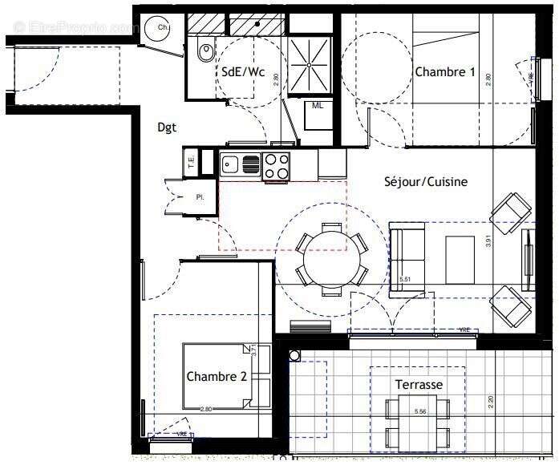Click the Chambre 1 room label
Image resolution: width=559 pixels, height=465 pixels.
coord(445,72)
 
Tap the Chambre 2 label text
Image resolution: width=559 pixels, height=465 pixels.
coord(217,376)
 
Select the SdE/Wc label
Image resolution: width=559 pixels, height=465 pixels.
coord(243,71)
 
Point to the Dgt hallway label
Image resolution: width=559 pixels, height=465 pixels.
coord(167,127)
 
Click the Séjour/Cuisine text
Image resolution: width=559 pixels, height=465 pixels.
coord(425,182)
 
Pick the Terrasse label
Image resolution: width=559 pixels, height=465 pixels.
coord(418,385)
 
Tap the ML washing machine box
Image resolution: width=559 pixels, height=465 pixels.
coord(318,105)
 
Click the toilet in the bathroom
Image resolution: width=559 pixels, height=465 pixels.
coord(205,51)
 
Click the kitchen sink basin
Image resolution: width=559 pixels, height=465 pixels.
coord(231,166)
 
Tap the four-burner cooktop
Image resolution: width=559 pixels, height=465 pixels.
coord(277,166)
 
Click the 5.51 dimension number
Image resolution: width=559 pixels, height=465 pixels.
coord(405,279)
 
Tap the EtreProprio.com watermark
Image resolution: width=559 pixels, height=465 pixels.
coord(72,26)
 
